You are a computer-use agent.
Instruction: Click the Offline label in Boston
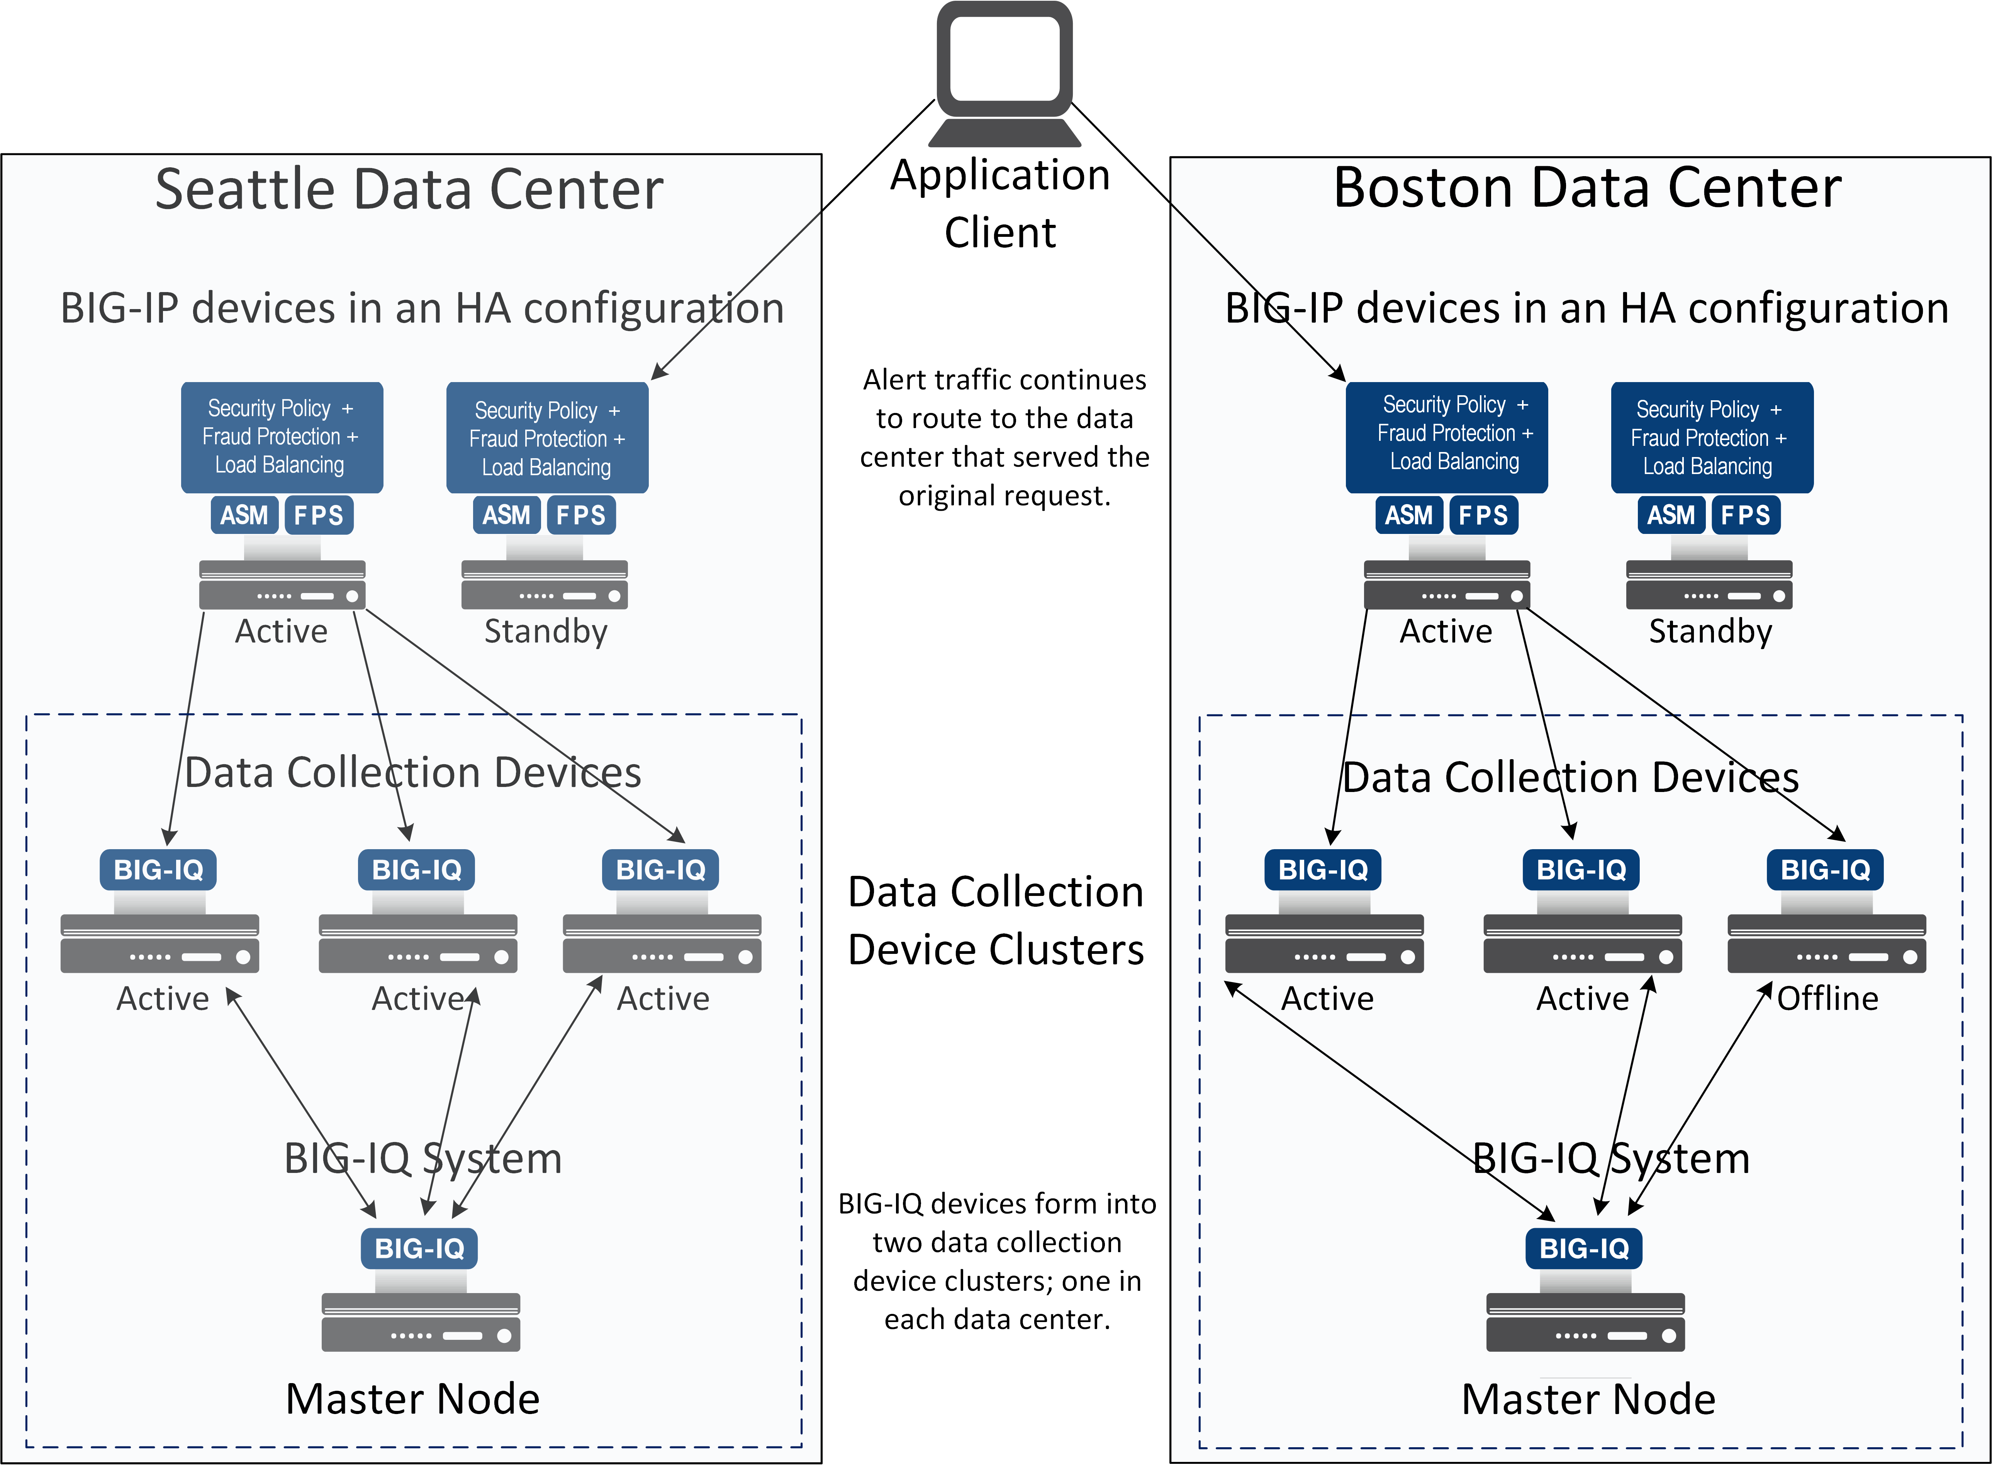pyautogui.click(x=1827, y=999)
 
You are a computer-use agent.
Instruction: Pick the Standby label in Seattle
pyautogui.click(x=545, y=631)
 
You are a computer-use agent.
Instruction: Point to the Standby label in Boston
pyautogui.click(x=1710, y=631)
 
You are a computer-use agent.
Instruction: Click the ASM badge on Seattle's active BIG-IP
pyautogui.click(x=244, y=515)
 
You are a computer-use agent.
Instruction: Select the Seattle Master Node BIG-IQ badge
pyautogui.click(x=419, y=1249)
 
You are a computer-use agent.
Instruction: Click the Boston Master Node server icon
pyautogui.click(x=1585, y=1321)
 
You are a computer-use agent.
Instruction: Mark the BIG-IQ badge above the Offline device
pyautogui.click(x=1825, y=870)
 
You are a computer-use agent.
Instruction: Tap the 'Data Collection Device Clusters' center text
pyautogui.click(x=996, y=921)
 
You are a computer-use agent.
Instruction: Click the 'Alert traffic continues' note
pyautogui.click(x=1004, y=437)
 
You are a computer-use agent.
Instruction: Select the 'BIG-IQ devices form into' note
pyautogui.click(x=997, y=1261)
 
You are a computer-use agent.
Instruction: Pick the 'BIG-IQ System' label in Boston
pyautogui.click(x=1611, y=1158)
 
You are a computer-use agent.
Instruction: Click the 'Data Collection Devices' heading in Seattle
pyautogui.click(x=412, y=772)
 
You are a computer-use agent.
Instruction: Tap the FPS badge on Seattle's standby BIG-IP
pyautogui.click(x=581, y=515)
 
